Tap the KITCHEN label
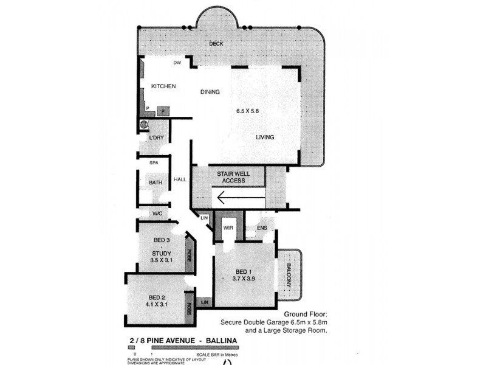click(x=163, y=86)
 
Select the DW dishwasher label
click(x=177, y=63)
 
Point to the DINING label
click(x=210, y=92)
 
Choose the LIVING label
click(x=264, y=137)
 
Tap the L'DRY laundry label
click(x=157, y=138)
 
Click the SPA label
click(x=154, y=164)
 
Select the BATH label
click(x=156, y=182)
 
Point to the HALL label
click(x=180, y=179)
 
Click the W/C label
click(x=157, y=214)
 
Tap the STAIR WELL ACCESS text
click(x=231, y=177)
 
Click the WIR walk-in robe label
click(x=227, y=228)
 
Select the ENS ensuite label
click(x=262, y=228)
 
